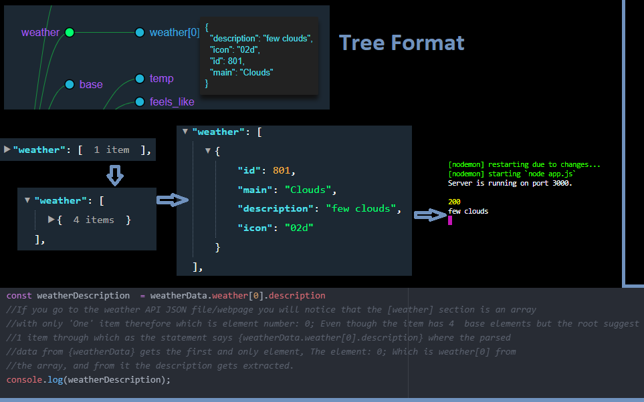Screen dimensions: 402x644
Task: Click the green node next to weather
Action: coord(70,32)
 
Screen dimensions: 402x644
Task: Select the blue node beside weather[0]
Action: coord(140,32)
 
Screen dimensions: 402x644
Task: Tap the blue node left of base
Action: coord(70,84)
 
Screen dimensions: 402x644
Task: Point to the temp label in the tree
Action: coord(161,79)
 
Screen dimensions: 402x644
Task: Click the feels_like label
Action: coord(172,102)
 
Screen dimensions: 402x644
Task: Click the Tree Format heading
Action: coord(401,43)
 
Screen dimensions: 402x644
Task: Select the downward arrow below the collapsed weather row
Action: coord(115,175)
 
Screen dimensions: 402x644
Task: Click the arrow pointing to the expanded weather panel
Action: coord(173,200)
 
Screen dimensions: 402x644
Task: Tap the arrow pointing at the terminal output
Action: coord(431,214)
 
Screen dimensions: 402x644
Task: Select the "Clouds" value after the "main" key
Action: coord(306,189)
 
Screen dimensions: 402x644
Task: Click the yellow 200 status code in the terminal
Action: coord(454,202)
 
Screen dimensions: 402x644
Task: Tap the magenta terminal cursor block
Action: coord(450,220)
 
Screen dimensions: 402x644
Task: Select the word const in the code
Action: coord(19,295)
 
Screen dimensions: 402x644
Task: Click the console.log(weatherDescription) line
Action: coord(88,379)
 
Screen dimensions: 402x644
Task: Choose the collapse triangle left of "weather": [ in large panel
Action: coord(185,132)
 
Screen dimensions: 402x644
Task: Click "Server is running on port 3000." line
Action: coord(510,183)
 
